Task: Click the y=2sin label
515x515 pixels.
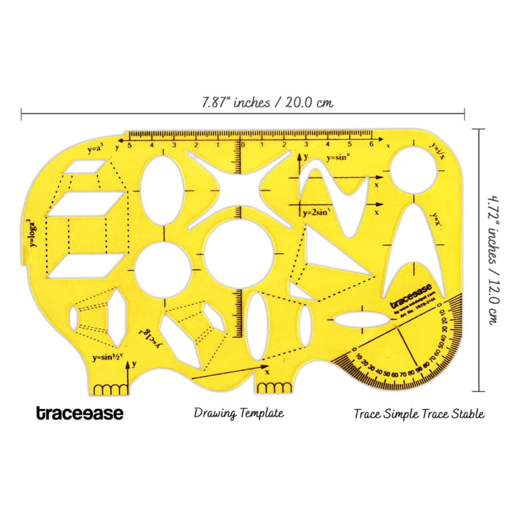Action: click(x=324, y=212)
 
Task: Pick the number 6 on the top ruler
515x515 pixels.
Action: click(x=372, y=145)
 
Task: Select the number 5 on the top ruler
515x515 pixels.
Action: click(x=129, y=145)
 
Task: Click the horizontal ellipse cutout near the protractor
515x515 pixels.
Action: click(x=360, y=319)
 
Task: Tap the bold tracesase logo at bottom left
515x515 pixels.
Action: click(x=80, y=413)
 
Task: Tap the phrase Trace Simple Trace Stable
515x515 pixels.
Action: click(x=419, y=413)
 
